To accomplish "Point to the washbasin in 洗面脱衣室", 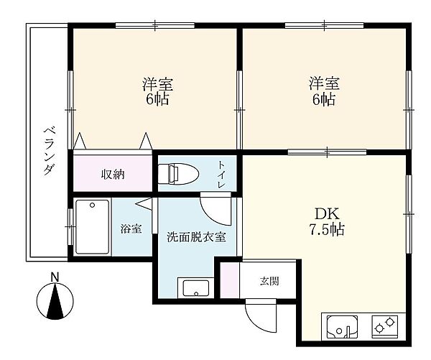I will pyautogui.click(x=195, y=288).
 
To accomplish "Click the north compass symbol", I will pyautogui.click(x=55, y=300).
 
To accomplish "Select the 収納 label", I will pyautogui.click(x=113, y=174).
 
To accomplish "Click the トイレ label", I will pyautogui.click(x=222, y=174).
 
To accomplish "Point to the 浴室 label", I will pyautogui.click(x=131, y=230).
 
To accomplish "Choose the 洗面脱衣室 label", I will pyautogui.click(x=196, y=236).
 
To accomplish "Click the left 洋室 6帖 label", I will pyautogui.click(x=156, y=91).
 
